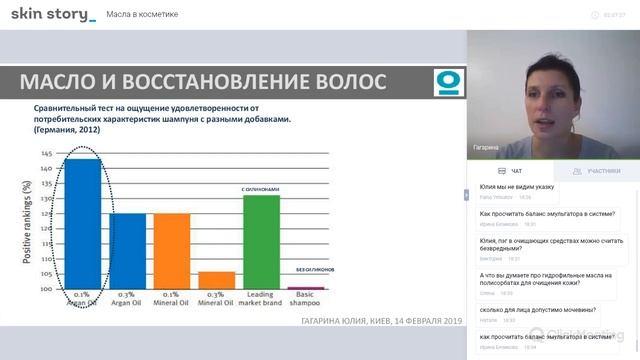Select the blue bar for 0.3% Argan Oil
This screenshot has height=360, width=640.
click(127, 250)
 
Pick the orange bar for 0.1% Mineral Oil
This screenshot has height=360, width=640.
click(171, 250)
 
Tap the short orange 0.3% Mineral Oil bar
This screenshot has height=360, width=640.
click(216, 280)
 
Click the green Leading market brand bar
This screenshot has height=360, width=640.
click(261, 241)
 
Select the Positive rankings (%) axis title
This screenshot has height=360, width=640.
click(27, 222)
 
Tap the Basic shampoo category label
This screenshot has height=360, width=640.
click(306, 301)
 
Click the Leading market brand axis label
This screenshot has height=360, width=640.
click(261, 301)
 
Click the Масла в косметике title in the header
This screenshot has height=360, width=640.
click(143, 14)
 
